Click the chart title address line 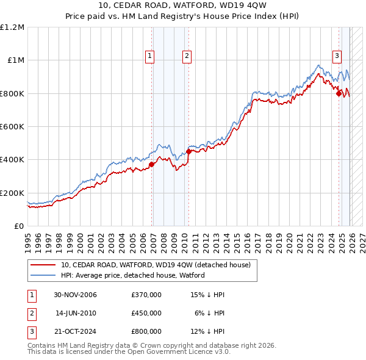[182, 7]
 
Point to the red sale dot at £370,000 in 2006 [151, 164]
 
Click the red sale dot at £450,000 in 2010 [188, 151]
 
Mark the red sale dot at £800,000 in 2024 [339, 93]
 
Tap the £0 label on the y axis [18, 226]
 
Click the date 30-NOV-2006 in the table [75, 295]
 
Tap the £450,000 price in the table [146, 312]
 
